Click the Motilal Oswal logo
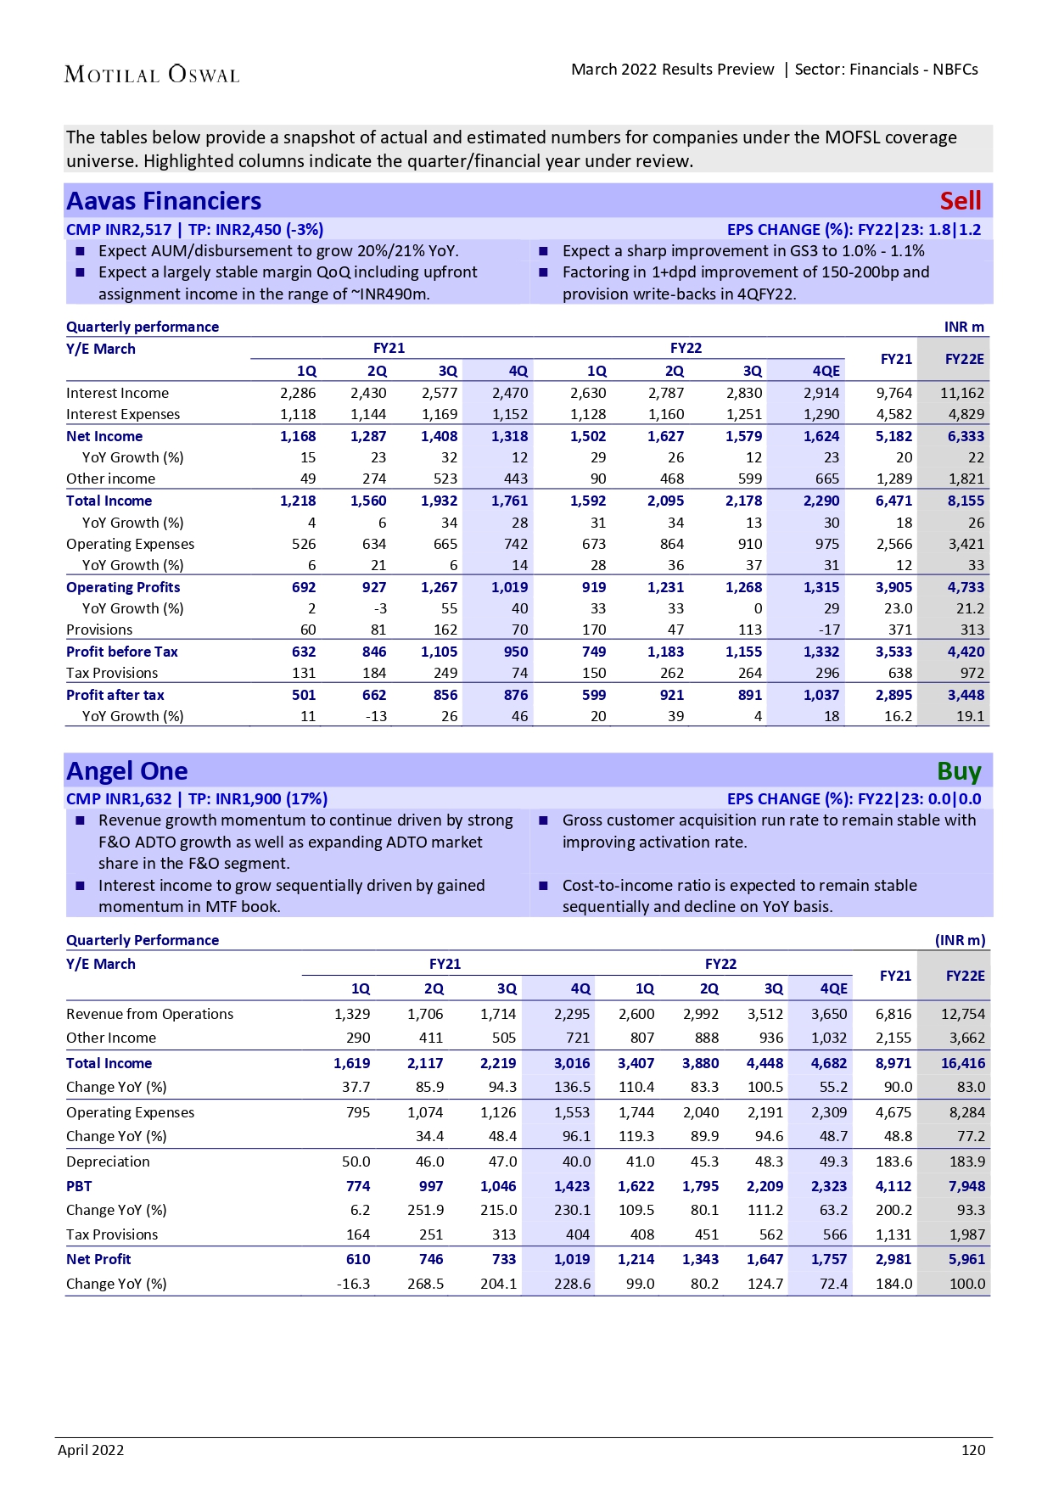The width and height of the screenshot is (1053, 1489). (152, 75)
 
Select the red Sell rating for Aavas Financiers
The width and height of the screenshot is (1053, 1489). (960, 201)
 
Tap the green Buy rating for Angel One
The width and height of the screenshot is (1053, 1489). (959, 771)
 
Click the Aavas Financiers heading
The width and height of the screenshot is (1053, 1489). (164, 201)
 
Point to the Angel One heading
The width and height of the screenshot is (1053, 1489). (127, 771)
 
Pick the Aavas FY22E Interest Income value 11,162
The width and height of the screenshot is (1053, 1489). (962, 393)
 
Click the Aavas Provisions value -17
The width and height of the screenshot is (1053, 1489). (831, 630)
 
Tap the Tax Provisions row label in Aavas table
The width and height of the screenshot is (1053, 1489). (112, 673)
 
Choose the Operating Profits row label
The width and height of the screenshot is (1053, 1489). (123, 587)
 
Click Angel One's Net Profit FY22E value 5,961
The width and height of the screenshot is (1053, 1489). (966, 1259)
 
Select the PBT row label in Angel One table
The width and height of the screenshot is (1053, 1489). (79, 1186)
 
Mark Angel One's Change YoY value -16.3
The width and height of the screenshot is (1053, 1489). (354, 1284)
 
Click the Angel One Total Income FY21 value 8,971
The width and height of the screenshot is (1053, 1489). (894, 1063)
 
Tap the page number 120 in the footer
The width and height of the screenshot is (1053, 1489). (973, 1450)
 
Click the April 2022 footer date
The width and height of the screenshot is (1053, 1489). (91, 1450)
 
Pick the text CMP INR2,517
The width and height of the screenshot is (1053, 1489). (119, 229)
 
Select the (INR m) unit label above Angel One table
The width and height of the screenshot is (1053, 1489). (960, 940)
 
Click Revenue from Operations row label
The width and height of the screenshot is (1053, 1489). (149, 1014)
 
